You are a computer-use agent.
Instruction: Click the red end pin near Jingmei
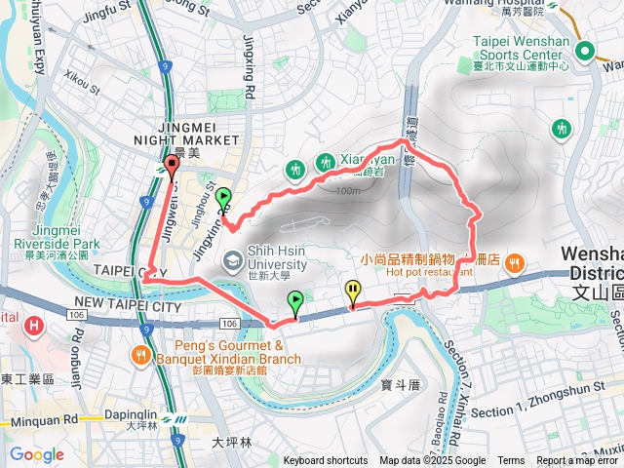coord(171,166)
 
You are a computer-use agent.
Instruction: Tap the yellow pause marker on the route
coord(351,292)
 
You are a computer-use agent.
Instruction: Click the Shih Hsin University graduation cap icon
coord(233,259)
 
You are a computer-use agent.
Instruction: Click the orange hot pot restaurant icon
coord(515,261)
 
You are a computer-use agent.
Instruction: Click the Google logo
coord(36,454)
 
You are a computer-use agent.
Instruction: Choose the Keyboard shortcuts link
coord(326,461)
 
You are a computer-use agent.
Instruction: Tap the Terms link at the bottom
coord(511,461)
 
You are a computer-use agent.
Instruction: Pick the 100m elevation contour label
coord(345,191)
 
